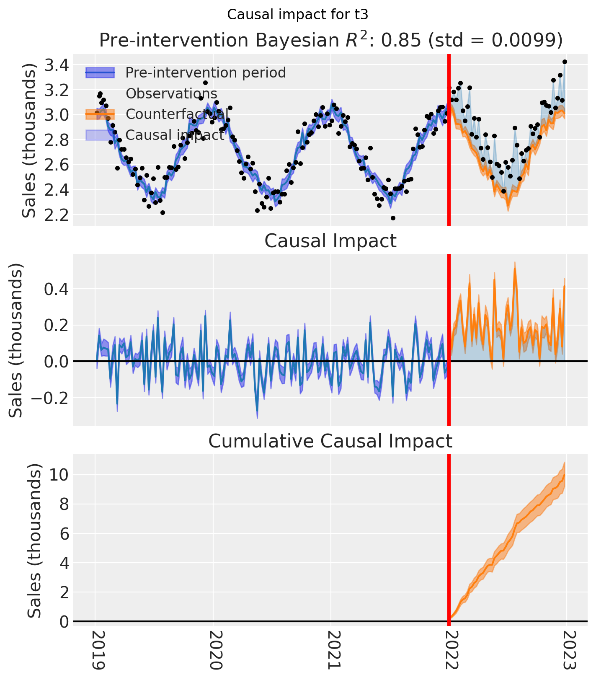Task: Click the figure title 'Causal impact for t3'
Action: coord(297,15)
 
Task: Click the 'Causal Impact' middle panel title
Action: coord(330,241)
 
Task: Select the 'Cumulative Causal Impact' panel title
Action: coord(330,441)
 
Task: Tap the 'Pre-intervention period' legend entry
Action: coord(205,72)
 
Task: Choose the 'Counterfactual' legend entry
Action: coord(177,114)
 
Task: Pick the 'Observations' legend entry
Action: coord(171,93)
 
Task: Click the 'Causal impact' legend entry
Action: coord(175,134)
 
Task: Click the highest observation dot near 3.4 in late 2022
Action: coord(565,62)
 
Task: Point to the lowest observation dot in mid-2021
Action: coord(393,218)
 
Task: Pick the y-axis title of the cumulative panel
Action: coord(35,540)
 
